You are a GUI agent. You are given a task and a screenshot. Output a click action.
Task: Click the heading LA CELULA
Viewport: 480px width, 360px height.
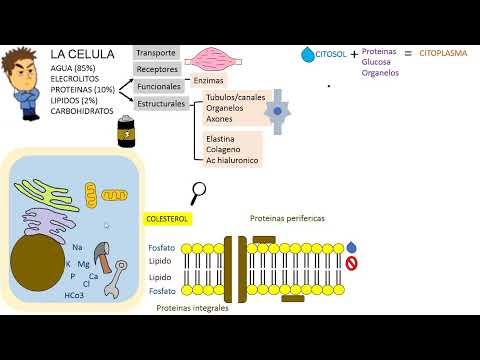82,53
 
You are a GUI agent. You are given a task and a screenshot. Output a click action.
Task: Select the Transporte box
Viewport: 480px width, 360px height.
157,54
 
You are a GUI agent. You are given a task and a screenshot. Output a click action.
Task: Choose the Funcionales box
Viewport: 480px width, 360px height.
160,87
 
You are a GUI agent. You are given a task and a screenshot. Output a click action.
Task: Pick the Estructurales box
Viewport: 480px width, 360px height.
163,103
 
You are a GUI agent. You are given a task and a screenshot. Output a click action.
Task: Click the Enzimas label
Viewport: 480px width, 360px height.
208,79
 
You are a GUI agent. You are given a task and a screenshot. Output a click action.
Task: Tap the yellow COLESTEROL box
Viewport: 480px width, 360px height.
166,217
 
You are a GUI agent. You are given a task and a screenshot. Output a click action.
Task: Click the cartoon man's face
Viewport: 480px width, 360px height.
21,66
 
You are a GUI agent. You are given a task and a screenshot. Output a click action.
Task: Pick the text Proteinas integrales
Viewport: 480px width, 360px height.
192,309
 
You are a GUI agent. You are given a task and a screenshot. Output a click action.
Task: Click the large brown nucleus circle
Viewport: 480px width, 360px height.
37,265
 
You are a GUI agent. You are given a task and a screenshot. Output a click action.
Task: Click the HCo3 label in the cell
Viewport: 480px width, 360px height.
74,296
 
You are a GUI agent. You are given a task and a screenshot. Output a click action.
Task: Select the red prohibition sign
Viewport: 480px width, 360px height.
350,264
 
